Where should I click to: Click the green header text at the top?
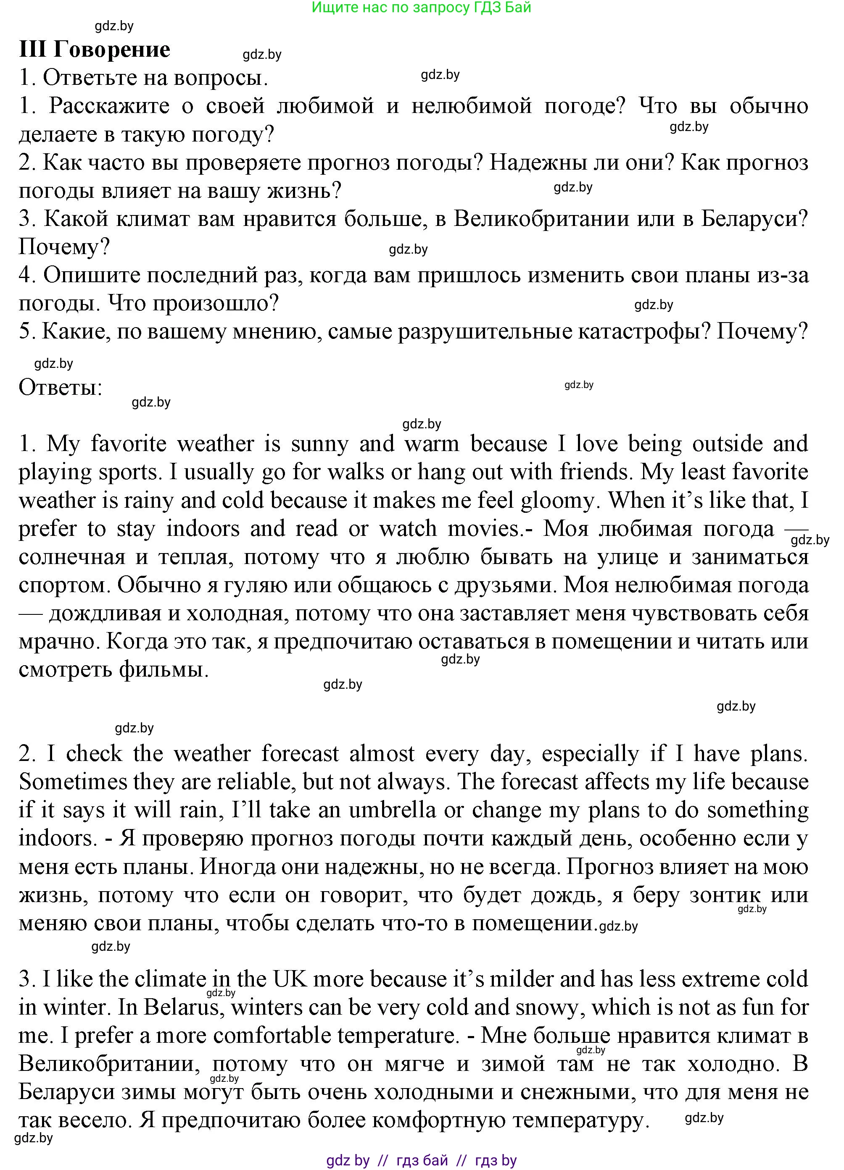[x=421, y=7]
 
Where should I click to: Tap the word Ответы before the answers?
[x=61, y=387]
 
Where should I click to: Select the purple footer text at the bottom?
[x=421, y=1161]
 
